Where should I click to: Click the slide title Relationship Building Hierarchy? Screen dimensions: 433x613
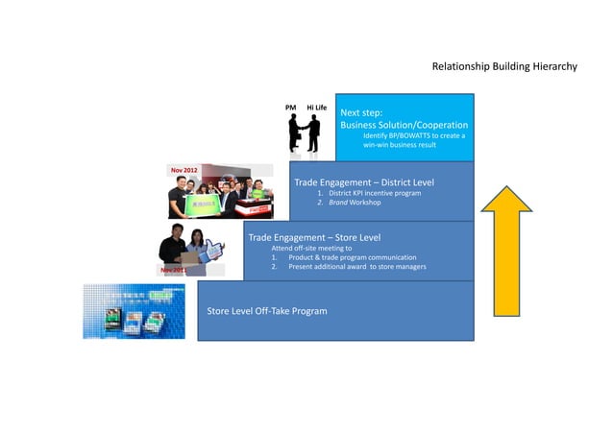coord(503,66)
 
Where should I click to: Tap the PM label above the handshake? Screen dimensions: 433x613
coord(291,107)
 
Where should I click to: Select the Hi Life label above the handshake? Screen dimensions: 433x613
coord(317,107)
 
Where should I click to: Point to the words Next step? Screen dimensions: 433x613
coord(361,112)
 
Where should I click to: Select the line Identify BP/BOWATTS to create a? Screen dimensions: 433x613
coord(413,136)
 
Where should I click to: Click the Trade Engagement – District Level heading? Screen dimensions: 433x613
coord(363,181)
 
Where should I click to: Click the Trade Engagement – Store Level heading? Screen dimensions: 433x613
coord(314,237)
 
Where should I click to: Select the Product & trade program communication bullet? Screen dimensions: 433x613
coord(352,257)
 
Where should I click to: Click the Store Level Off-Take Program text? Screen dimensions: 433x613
coord(267,311)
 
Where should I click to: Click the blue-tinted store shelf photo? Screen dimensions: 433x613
coord(134,311)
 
